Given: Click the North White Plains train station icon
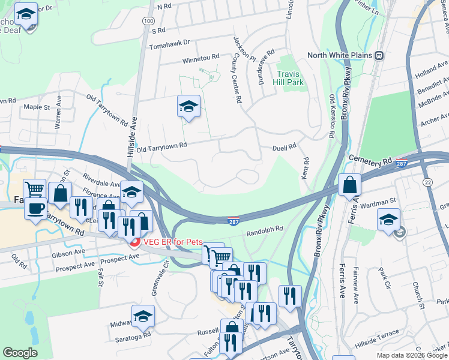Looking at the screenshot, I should [x=379, y=55].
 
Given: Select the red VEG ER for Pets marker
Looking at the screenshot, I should [x=134, y=242].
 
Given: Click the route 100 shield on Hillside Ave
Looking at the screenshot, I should [x=148, y=21].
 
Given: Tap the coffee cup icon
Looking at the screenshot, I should [x=36, y=208].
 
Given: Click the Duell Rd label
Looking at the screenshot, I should [x=285, y=146].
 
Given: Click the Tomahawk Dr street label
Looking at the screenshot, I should [x=169, y=43].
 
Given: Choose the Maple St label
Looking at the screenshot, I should [x=36, y=107].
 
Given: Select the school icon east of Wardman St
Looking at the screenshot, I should [x=389, y=220].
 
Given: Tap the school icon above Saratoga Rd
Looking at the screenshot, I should [x=143, y=316].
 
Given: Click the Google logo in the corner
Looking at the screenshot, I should [x=20, y=353].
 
